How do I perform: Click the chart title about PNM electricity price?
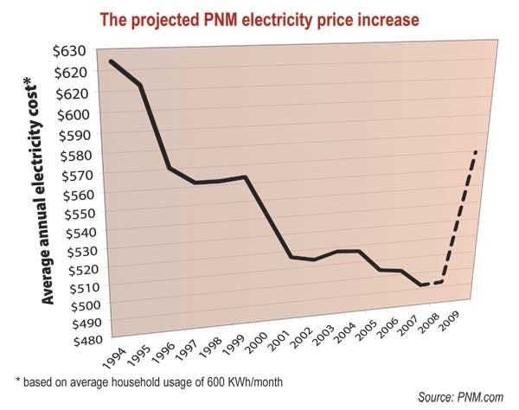click(259, 16)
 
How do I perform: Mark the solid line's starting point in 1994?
click(111, 61)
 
